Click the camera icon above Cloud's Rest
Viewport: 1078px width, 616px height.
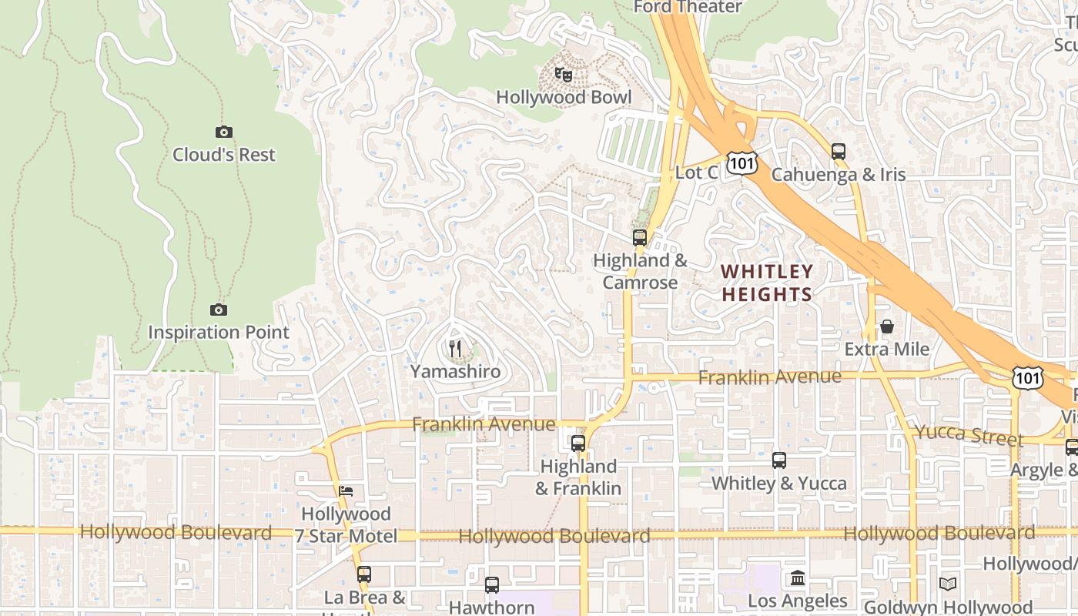click(224, 132)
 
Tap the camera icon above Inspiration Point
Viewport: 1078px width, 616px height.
click(219, 310)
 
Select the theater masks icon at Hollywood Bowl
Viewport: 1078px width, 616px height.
click(564, 75)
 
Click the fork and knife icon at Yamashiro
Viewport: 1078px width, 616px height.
click(455, 349)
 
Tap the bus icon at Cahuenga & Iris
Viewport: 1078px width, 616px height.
click(839, 151)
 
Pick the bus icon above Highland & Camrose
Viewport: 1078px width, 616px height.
click(640, 237)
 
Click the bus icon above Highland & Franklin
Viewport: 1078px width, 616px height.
click(578, 444)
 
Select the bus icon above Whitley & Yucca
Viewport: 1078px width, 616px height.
click(779, 460)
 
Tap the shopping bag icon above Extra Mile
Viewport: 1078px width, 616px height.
click(887, 326)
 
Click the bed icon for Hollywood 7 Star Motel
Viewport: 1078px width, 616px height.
click(346, 490)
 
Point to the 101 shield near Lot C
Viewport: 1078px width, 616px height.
click(745, 162)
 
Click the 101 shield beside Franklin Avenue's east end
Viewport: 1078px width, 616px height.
click(1029, 377)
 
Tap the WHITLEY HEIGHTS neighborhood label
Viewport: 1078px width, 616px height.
click(767, 283)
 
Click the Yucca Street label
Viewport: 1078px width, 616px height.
click(969, 435)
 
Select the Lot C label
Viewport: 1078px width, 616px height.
click(696, 172)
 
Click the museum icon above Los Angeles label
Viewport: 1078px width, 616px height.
click(798, 577)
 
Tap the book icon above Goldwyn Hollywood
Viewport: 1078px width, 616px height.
click(948, 584)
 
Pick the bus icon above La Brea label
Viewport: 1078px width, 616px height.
click(364, 574)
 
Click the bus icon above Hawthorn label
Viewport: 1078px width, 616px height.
click(492, 584)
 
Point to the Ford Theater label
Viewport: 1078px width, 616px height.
click(688, 7)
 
